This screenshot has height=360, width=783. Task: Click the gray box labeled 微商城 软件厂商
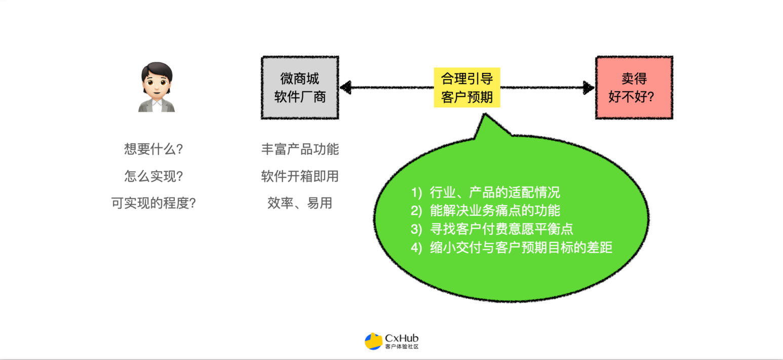coord(300,88)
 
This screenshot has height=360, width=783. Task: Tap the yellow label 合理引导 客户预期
coord(467,88)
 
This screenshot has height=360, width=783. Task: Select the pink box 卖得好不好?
coord(634,88)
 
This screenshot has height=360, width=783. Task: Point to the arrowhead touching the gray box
coord(346,88)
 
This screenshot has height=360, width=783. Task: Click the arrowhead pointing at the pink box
coord(589,88)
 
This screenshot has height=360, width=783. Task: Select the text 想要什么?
coord(153,149)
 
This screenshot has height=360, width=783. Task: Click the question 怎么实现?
coord(153,176)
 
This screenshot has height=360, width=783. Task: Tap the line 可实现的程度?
coord(153,203)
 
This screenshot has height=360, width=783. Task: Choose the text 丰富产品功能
coord(300,149)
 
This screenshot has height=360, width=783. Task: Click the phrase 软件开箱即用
coord(300,176)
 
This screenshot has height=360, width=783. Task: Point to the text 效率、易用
coord(300,203)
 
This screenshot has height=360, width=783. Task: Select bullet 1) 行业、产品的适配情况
coord(486,192)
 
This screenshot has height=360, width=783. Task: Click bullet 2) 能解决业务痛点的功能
coord(486,211)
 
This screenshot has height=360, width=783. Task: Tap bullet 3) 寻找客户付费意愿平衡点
coord(492,229)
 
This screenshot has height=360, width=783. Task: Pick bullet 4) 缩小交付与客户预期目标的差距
coord(512,248)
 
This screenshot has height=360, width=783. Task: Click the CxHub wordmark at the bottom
coord(402,338)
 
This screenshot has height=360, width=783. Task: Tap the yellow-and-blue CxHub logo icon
coord(373,341)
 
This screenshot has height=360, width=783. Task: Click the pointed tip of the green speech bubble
coord(485,113)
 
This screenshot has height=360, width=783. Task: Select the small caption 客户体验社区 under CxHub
coord(402,347)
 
